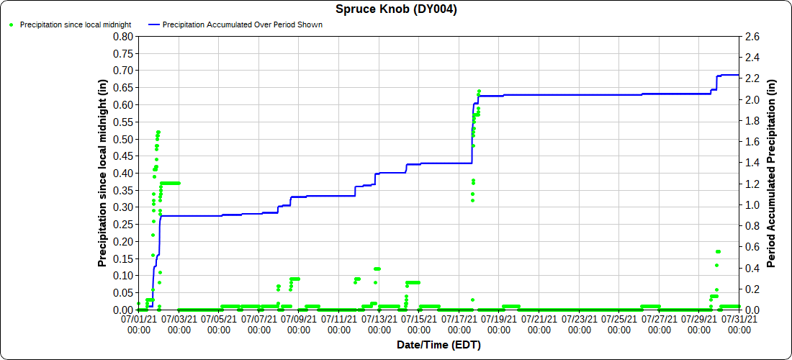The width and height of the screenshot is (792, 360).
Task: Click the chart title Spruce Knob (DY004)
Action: coord(396,9)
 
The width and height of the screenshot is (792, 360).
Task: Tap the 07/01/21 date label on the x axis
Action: coord(139,322)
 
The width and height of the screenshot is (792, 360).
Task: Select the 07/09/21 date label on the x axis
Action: coord(299,322)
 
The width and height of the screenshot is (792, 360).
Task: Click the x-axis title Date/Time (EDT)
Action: coord(438,345)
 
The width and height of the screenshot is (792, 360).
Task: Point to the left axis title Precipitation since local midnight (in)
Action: coord(103,173)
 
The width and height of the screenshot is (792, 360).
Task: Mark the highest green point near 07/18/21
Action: coord(479,91)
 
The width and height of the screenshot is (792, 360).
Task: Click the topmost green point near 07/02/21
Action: coord(158,132)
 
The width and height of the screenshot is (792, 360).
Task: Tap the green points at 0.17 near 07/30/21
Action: coord(718,251)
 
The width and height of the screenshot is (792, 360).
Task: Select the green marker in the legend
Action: coord(12,24)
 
